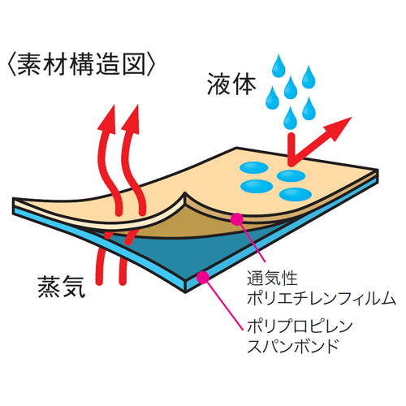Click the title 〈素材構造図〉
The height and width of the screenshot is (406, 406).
pyautogui.click(x=81, y=64)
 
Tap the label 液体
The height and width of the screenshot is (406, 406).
pyautogui.click(x=231, y=84)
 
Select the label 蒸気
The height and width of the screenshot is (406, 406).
pyautogui.click(x=62, y=287)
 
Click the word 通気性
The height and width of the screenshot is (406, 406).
pyautogui.click(x=272, y=279)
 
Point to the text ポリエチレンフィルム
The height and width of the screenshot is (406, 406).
pyautogui.click(x=322, y=298)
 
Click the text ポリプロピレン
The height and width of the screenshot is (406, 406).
pyautogui.click(x=300, y=326)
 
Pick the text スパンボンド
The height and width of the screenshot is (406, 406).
pyautogui.click(x=292, y=345)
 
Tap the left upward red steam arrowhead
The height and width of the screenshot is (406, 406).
pyautogui.click(x=107, y=119)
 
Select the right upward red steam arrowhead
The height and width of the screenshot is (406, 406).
pyautogui.click(x=131, y=119)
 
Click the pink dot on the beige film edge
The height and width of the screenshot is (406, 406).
pyautogui.click(x=236, y=219)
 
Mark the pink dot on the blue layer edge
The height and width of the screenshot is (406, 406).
pyautogui.click(x=203, y=277)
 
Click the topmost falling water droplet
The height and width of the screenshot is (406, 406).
pyautogui.click(x=279, y=66)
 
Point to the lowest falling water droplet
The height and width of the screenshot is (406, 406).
pyautogui.click(x=291, y=119)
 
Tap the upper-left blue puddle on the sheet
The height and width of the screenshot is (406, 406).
pyautogui.click(x=254, y=167)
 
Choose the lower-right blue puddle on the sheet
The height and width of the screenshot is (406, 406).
pyautogui.click(x=296, y=194)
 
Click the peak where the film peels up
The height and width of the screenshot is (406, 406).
pyautogui.click(x=185, y=192)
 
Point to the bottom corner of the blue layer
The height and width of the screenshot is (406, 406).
pyautogui.click(x=185, y=293)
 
